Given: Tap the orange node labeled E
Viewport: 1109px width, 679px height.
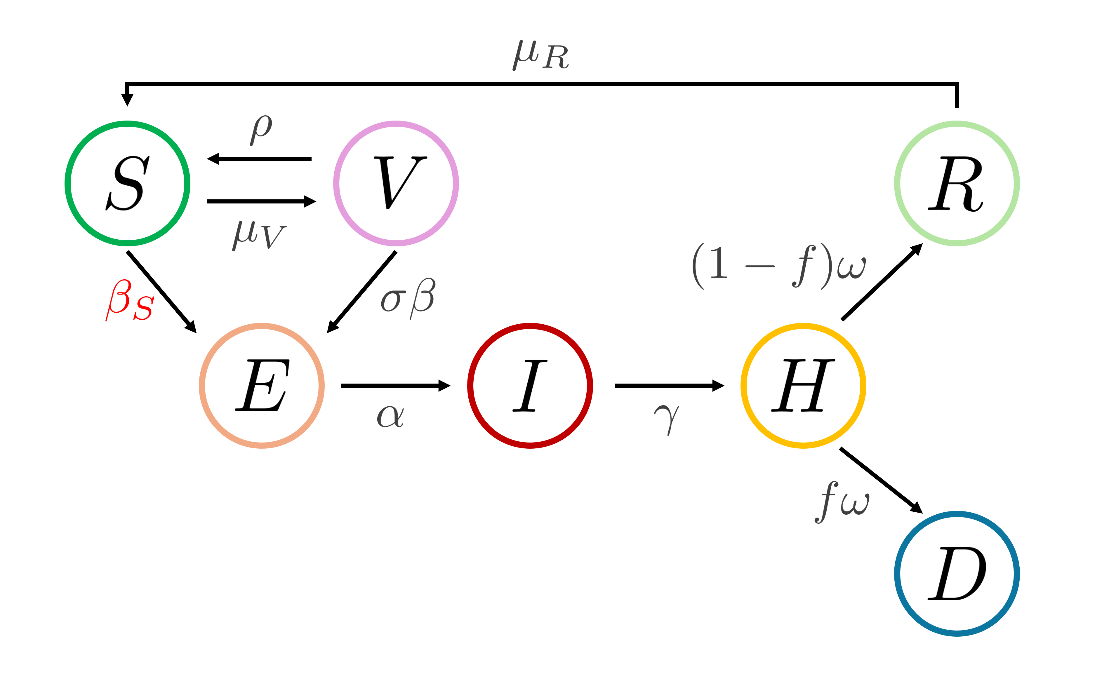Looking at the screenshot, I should [262, 386].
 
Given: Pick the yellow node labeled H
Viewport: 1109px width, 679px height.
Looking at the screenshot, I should [803, 386].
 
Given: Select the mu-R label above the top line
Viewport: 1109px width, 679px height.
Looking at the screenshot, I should [541, 55].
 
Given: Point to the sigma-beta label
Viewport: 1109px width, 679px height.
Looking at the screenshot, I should [408, 298].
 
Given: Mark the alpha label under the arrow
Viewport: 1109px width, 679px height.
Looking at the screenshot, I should [390, 416].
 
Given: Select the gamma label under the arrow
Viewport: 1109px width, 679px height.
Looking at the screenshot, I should [667, 419].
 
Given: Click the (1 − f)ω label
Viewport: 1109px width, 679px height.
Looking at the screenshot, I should [779, 267].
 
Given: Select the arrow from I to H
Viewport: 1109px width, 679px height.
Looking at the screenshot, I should [669, 386].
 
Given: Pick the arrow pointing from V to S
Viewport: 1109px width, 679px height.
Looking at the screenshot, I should [259, 159].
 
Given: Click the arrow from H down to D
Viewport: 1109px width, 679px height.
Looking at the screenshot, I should [881, 480].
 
